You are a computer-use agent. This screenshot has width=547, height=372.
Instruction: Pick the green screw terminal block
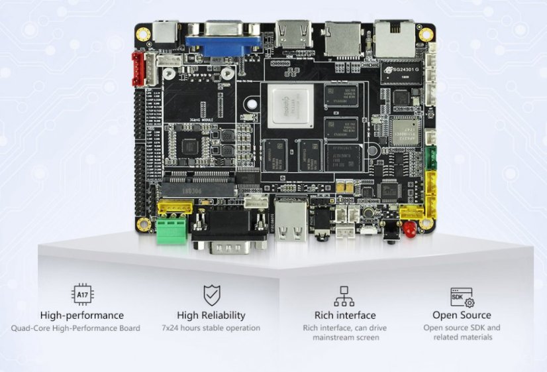[172, 230]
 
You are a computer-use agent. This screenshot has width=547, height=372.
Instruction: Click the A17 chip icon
[81, 295]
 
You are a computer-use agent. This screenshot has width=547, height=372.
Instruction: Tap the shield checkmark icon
[211, 295]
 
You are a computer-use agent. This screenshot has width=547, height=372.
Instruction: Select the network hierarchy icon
[344, 296]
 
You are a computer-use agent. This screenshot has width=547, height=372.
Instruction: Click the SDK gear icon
[462, 297]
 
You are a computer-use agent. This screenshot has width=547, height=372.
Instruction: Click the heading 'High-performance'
[81, 316]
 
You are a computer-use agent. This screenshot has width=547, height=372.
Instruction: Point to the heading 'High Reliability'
[211, 316]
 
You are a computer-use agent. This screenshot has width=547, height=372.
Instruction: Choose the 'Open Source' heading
[462, 315]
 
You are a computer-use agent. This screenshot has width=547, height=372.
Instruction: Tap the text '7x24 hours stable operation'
[211, 328]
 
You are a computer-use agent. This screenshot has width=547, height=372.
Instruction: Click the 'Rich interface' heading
[344, 316]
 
